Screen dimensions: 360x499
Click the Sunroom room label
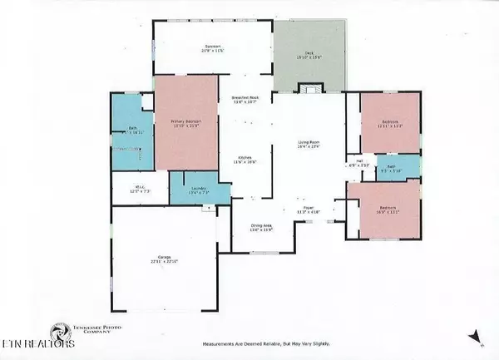pyautogui.click(x=213, y=47)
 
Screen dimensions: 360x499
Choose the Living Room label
pyautogui.click(x=309, y=144)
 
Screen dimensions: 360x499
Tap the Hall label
pyautogui.click(x=359, y=162)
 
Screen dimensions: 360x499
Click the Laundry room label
pyautogui.click(x=198, y=189)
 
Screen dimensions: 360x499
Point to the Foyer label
pyautogui.click(x=308, y=209)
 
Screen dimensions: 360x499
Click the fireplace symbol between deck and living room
pyautogui.click(x=309, y=89)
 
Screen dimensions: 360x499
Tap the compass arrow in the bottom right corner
pyautogui.click(x=473, y=337)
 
